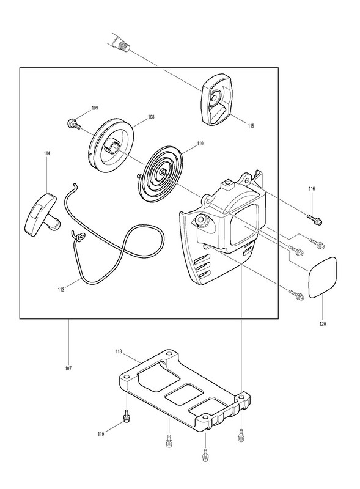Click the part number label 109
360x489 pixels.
(95, 108)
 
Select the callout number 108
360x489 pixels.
(151, 117)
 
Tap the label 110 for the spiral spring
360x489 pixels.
(200, 144)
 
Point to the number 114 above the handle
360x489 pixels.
(47, 153)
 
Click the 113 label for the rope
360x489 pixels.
(61, 290)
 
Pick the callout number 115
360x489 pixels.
(251, 126)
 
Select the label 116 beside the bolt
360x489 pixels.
(312, 188)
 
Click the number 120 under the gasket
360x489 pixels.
(323, 324)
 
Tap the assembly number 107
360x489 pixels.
(68, 369)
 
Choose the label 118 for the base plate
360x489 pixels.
(119, 352)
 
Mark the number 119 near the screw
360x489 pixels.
(100, 434)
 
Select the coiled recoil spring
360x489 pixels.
(163, 175)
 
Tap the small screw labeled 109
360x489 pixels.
(73, 123)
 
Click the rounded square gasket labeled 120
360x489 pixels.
(322, 278)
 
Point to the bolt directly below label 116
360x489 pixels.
(314, 219)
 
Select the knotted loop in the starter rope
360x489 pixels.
(79, 237)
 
